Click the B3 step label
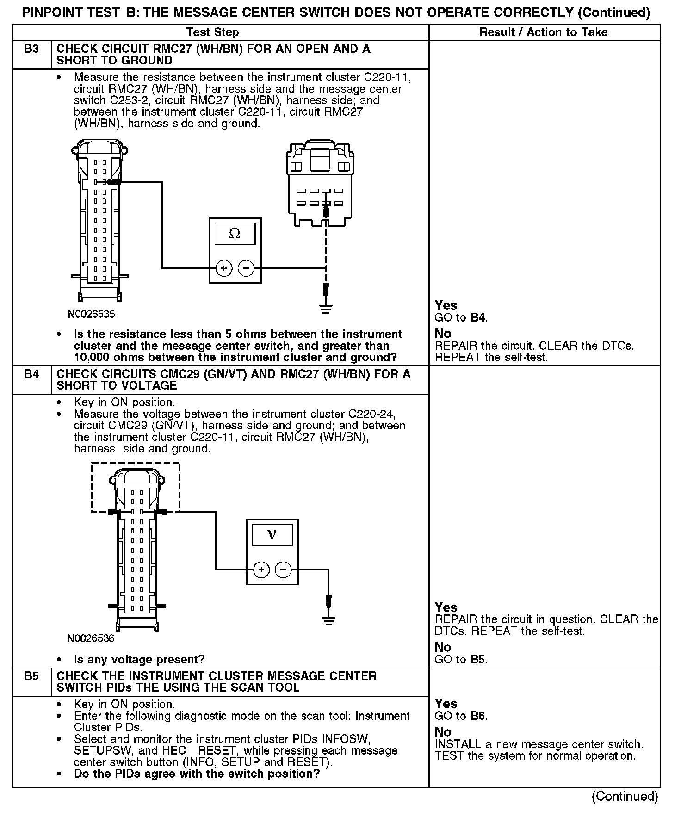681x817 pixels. coord(31,49)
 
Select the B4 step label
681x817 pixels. coord(31,374)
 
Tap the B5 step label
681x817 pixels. coord(31,676)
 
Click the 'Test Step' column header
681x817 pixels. coord(212,32)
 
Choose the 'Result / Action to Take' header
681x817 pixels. coord(544,32)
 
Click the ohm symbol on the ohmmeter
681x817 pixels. coord(235,234)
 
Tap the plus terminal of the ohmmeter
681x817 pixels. coord(224,268)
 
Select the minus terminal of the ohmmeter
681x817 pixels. coord(246,268)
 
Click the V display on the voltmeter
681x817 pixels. coord(272,535)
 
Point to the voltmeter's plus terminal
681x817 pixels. coord(261,569)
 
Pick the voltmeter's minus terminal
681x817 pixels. coord(283,569)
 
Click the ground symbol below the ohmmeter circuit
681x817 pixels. coord(326,309)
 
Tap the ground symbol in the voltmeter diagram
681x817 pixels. coord(328,620)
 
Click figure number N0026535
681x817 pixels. coord(92,315)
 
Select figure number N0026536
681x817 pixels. coord(91,638)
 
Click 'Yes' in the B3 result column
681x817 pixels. coord(446,305)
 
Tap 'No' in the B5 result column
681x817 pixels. coord(443,732)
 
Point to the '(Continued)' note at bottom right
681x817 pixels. coord(624,797)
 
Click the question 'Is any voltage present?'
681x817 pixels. coord(139,659)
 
